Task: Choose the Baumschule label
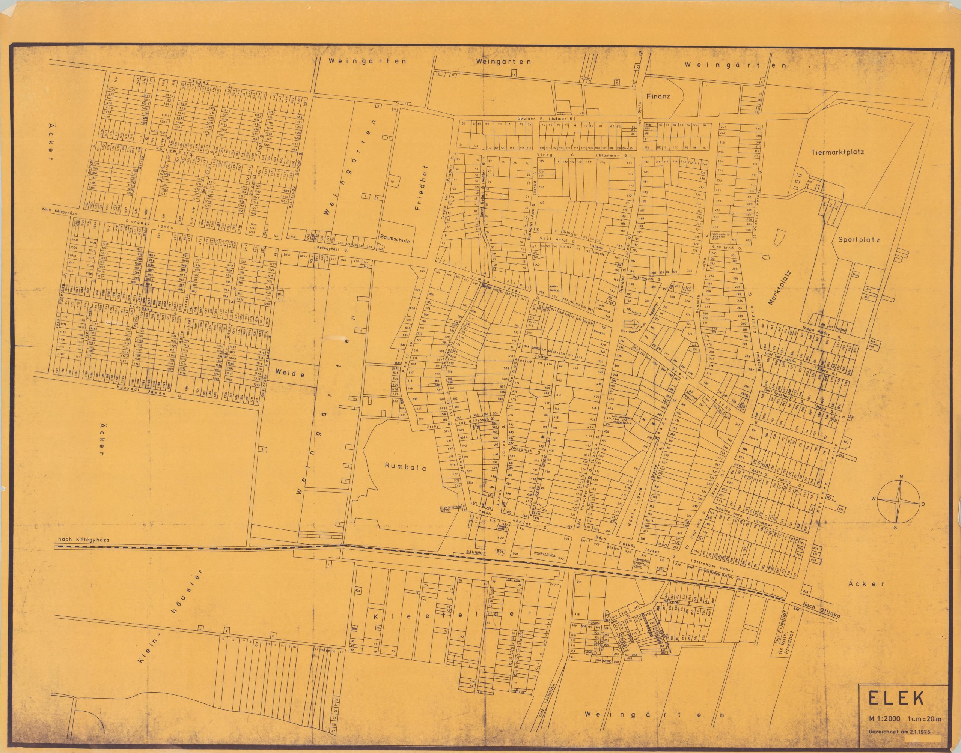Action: tap(398, 242)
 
